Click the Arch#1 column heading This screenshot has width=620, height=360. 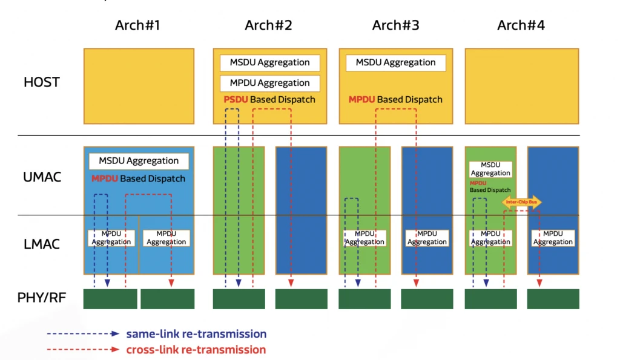(137, 25)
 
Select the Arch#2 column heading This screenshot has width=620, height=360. (268, 25)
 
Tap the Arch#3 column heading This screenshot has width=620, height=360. (395, 25)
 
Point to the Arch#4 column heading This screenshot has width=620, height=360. (521, 25)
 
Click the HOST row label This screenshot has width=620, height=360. (42, 82)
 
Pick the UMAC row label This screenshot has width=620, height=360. (42, 178)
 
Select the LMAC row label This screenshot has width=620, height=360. (42, 244)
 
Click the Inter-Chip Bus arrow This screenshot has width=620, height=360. (521, 202)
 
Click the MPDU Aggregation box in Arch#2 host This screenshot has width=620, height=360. (269, 83)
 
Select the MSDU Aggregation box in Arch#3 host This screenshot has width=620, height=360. (395, 62)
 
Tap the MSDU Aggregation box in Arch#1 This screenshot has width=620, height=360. (139, 161)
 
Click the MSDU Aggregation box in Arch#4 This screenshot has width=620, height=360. (490, 169)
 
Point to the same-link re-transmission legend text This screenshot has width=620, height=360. (196, 334)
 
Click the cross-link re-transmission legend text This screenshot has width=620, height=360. (196, 350)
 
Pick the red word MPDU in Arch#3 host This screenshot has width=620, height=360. (361, 99)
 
